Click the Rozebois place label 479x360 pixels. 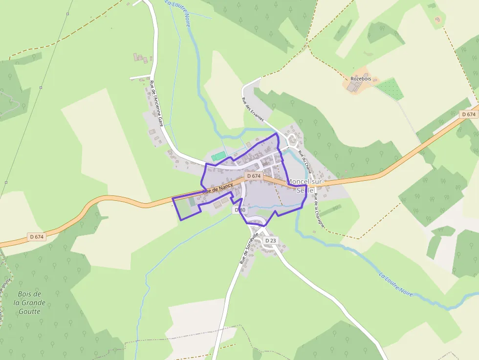[361, 79]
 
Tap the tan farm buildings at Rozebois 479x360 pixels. [356, 86]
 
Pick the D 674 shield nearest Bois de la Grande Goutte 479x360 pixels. [37, 237]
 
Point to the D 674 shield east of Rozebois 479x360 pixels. [468, 114]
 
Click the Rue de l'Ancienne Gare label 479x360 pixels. [156, 104]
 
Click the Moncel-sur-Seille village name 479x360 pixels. [305, 186]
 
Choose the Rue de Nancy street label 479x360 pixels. [218, 188]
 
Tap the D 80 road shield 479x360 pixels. [240, 210]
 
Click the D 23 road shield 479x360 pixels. [270, 241]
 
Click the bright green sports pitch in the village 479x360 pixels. [218, 156]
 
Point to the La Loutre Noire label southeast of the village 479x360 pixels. [396, 284]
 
